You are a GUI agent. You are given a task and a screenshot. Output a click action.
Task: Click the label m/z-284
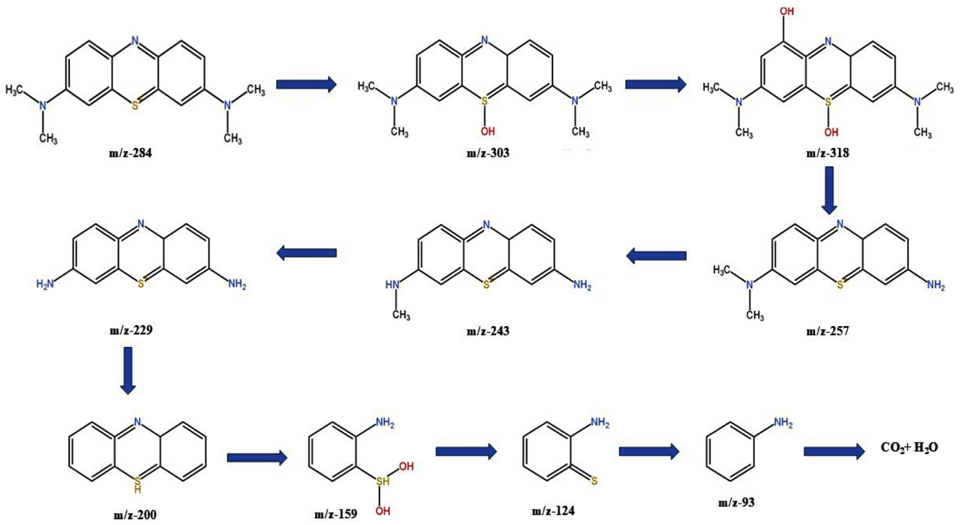(130, 153)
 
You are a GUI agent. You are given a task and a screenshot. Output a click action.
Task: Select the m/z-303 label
(488, 153)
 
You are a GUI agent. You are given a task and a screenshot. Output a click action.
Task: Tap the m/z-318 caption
(827, 153)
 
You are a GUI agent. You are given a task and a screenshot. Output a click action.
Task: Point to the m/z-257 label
(827, 331)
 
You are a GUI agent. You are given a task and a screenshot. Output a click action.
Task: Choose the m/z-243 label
(488, 331)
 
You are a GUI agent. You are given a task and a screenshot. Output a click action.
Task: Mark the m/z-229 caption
(131, 330)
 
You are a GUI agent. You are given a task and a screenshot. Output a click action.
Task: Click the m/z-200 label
(135, 515)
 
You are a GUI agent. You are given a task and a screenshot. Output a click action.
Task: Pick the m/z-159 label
(335, 514)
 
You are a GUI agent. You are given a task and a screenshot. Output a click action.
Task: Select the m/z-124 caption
(553, 511)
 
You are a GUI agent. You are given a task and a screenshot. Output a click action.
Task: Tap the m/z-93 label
(736, 503)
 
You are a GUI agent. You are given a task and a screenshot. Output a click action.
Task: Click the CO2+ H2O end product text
(909, 448)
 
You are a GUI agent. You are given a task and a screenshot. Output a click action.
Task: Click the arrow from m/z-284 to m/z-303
(306, 85)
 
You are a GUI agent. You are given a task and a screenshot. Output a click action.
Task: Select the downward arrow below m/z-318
(829, 190)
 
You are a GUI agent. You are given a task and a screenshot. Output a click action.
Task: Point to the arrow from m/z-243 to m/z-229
(307, 253)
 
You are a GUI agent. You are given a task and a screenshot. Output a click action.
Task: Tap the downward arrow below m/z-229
(127, 370)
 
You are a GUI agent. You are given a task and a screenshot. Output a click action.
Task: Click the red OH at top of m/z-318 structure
(786, 11)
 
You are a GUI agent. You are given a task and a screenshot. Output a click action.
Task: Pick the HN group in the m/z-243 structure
(392, 285)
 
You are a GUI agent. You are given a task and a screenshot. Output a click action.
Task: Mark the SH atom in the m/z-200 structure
(137, 484)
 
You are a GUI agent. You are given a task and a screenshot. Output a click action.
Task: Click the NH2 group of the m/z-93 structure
(783, 423)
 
